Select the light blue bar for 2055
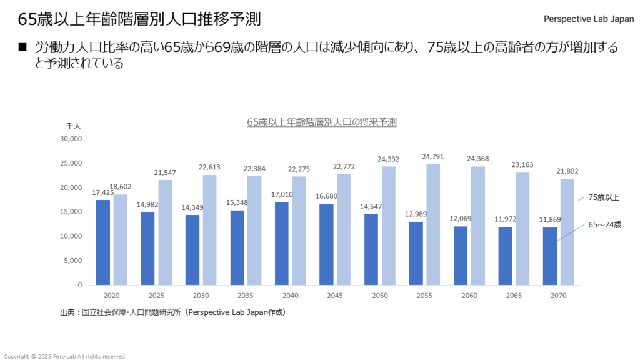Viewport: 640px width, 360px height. coord(433,224)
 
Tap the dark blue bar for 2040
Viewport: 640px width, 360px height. coord(282,243)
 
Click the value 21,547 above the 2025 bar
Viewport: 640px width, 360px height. coord(165,172)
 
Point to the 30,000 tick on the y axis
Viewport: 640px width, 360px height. coord(71,139)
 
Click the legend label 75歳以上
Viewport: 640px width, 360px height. coord(603,197)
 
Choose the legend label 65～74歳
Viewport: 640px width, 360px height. coord(604,224)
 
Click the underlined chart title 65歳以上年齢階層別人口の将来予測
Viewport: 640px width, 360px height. coord(322,122)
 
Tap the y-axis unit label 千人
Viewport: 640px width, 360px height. coord(74,126)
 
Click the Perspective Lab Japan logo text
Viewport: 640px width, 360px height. coord(589,19)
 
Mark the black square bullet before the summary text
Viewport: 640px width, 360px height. coord(24,47)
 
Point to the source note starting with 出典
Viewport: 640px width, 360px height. coord(172,311)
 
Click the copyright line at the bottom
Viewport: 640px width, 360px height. coord(64,356)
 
